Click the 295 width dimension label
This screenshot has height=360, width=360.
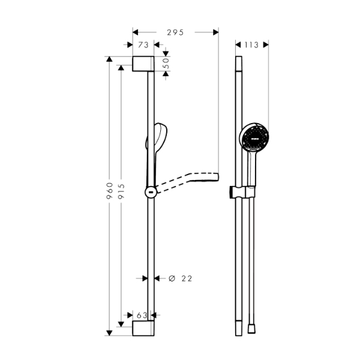tap(175, 32)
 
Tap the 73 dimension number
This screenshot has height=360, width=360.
tap(143, 45)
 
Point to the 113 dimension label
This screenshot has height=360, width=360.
tap(252, 44)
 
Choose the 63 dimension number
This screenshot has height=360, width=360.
tap(142, 314)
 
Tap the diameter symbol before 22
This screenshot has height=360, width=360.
tap(171, 278)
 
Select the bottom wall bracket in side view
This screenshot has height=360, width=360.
tap(143, 328)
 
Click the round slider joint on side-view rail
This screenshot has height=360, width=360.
tap(151, 192)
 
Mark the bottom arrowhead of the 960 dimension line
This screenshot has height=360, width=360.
tap(109, 331)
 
